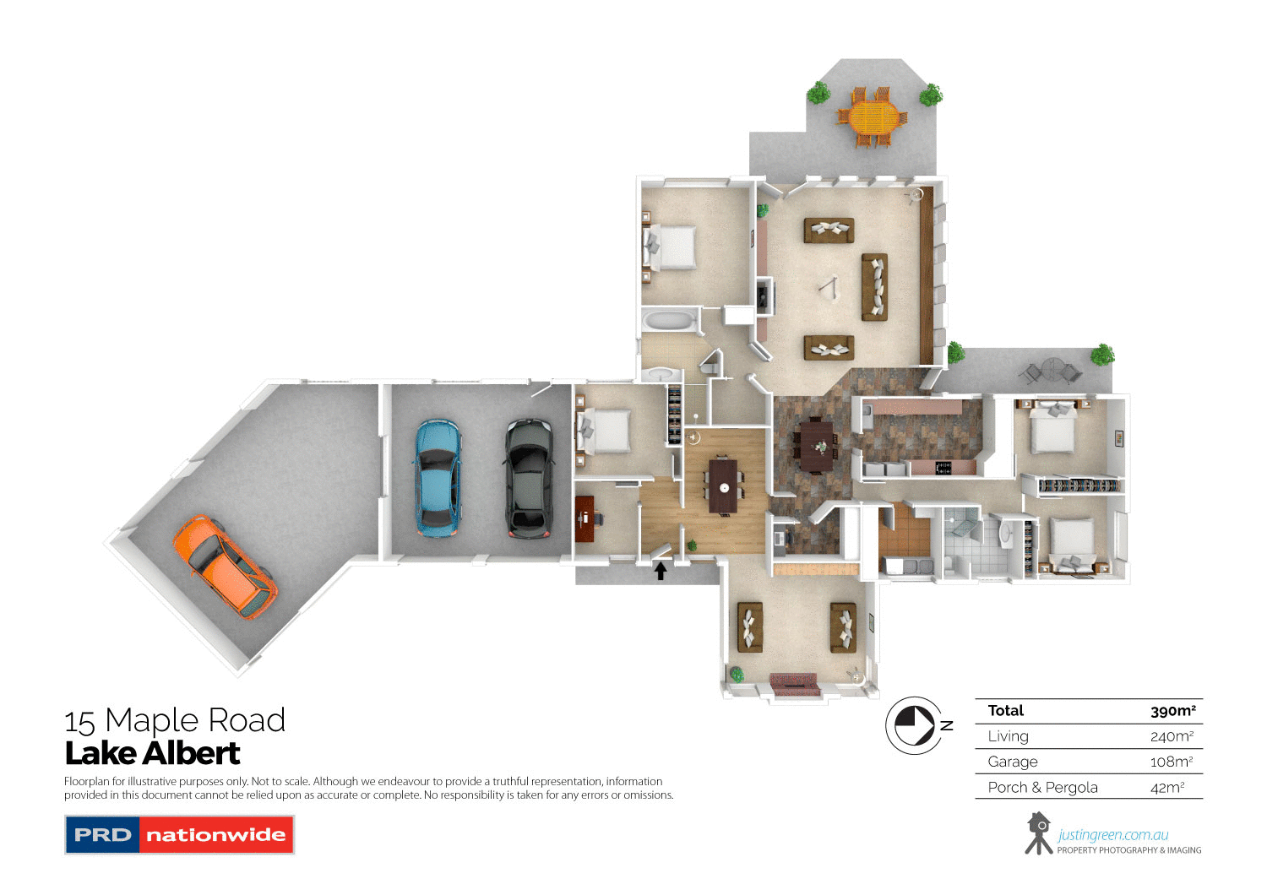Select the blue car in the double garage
point(438,478)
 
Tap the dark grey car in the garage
point(529,478)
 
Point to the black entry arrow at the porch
point(661,571)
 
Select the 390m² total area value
point(1172,711)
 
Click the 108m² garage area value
point(1171,762)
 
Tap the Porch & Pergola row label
point(1042,788)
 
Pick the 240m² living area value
point(1172,736)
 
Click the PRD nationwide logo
point(179,834)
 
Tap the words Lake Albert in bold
point(153,753)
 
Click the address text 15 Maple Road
point(175,720)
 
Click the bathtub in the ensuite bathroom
point(669,322)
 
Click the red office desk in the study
point(585,518)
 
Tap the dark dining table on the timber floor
point(723,485)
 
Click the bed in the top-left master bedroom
point(672,247)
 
